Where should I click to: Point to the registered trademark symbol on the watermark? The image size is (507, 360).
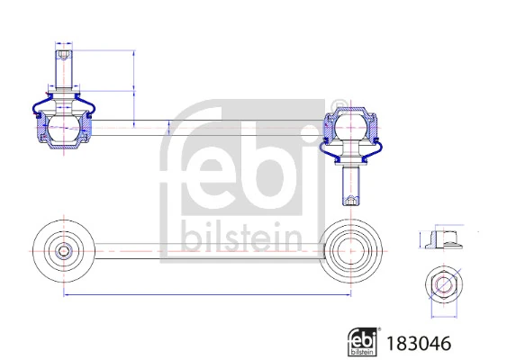coord(338,104)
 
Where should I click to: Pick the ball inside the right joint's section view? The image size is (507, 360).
coord(350,127)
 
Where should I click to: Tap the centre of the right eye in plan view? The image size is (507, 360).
coord(350,247)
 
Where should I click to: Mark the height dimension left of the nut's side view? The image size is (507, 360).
coord(421,238)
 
